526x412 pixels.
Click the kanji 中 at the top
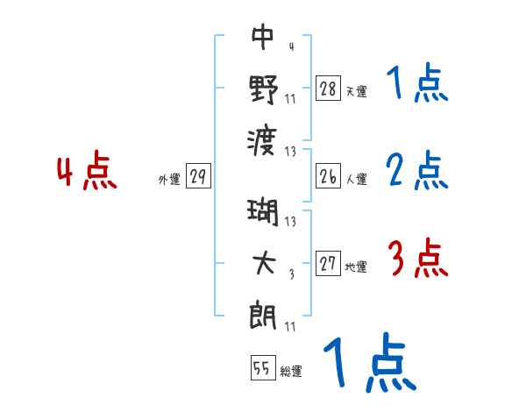point(263,37)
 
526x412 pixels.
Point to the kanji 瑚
point(263,212)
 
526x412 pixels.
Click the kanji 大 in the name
point(263,260)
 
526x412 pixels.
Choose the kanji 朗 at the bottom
point(263,312)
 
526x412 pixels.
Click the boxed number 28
point(327,89)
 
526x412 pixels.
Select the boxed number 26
point(327,177)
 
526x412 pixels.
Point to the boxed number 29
point(198,177)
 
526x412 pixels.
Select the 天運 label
point(356,91)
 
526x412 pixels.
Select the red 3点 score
point(418,259)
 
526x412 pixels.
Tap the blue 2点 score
point(418,171)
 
